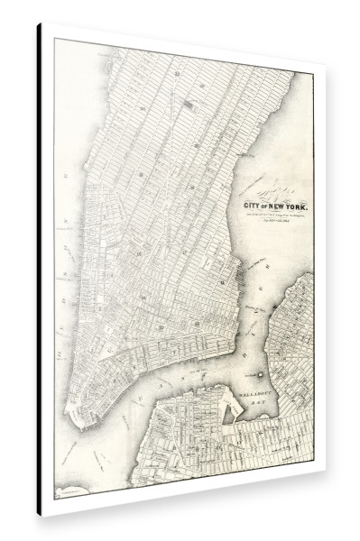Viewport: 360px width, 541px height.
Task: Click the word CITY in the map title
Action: [254, 206]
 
